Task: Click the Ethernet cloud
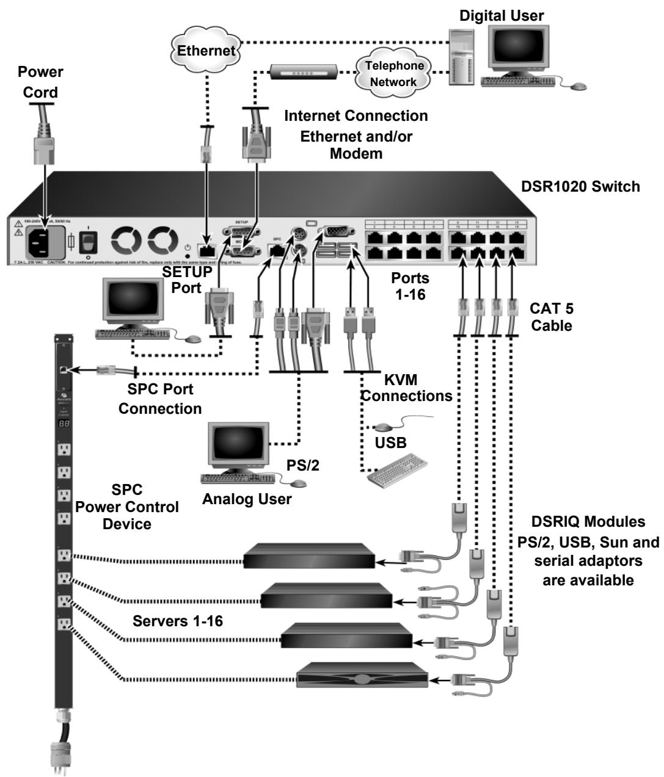pyautogui.click(x=206, y=49)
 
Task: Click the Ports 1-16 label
pyautogui.click(x=410, y=286)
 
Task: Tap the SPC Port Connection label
pyautogui.click(x=160, y=399)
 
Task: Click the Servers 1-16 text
pyautogui.click(x=178, y=621)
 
